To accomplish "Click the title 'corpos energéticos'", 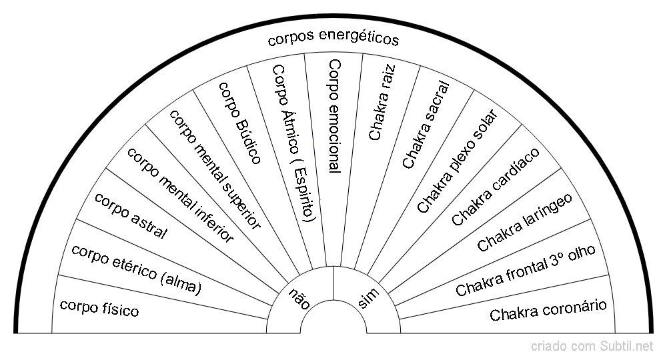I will coord(333,39).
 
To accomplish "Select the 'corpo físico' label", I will coord(99,308).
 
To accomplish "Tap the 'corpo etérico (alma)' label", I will coord(136,270).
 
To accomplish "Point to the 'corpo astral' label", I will coord(131,215).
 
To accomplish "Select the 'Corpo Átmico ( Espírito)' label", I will coord(294,143).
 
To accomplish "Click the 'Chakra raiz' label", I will coord(382,103).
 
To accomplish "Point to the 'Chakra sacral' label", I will coord(425,125).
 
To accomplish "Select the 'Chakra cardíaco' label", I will coord(496,186).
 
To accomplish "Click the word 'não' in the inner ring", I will coord(299,297).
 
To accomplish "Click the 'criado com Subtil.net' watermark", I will coord(592,347).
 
